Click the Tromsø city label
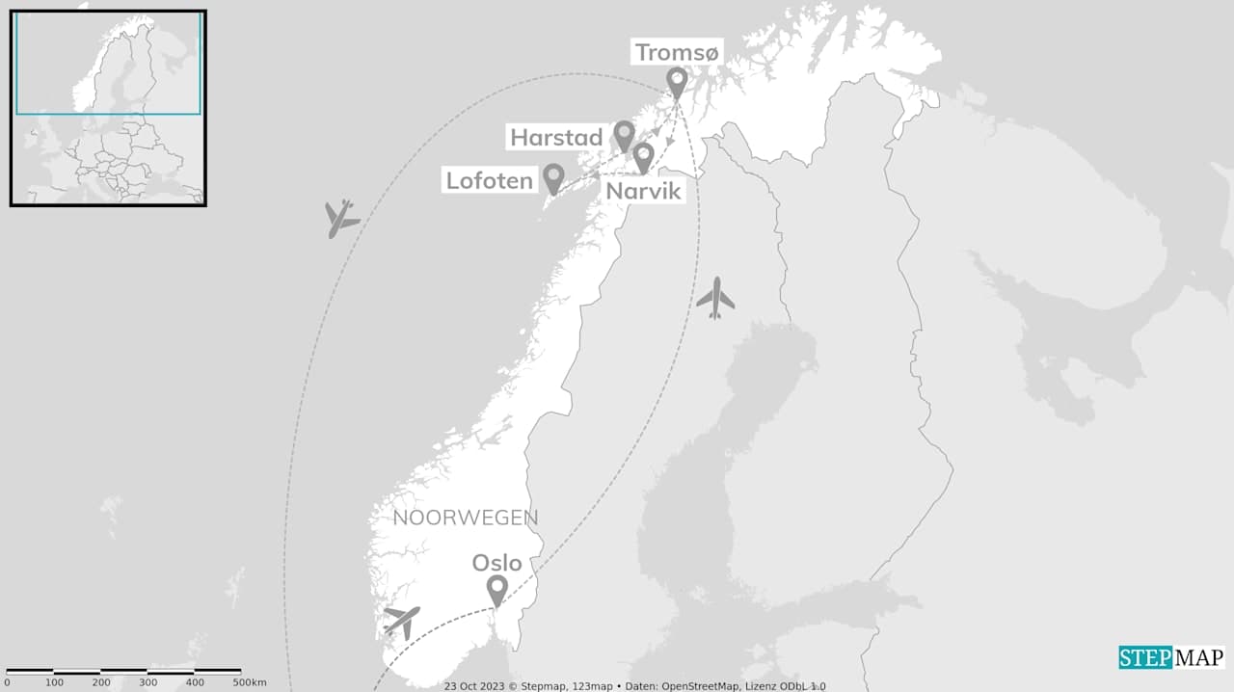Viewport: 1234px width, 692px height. click(x=677, y=53)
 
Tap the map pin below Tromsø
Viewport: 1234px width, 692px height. click(x=677, y=82)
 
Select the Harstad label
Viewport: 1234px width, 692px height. click(x=556, y=138)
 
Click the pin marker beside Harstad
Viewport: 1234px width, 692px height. click(x=625, y=135)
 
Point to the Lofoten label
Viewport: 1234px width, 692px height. click(x=489, y=180)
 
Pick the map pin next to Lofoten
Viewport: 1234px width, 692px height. click(x=553, y=177)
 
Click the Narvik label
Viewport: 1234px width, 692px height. click(x=643, y=191)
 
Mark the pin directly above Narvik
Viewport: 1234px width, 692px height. click(x=643, y=156)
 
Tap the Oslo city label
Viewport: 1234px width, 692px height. click(x=496, y=563)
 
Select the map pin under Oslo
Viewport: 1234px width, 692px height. click(x=496, y=589)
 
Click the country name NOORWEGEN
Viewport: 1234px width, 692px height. click(x=466, y=518)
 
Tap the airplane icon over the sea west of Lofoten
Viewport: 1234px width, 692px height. click(x=340, y=219)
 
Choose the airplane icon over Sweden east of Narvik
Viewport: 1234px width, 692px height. click(x=715, y=298)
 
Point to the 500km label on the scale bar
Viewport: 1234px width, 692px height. click(x=250, y=682)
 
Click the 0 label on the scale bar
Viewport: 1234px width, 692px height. click(x=7, y=682)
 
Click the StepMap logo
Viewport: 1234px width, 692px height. click(x=1171, y=657)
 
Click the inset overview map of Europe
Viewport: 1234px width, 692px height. click(x=108, y=107)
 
